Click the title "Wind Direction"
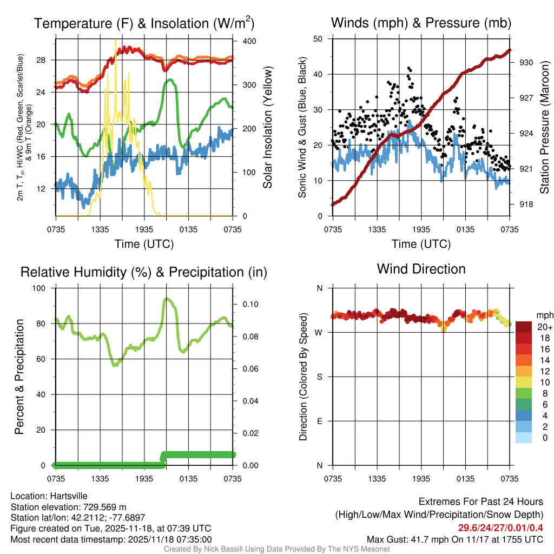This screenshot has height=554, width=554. (421, 269)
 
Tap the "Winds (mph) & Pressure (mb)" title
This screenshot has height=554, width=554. (421, 23)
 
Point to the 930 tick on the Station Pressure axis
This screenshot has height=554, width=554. (526, 62)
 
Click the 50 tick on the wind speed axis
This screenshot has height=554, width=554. (319, 39)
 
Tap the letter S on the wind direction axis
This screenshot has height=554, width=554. (319, 377)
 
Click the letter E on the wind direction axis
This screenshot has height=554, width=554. (319, 421)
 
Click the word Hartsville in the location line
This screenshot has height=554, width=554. (66, 496)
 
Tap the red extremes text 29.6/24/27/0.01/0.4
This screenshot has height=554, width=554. (500, 528)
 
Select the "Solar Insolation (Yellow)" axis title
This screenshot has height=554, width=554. (267, 128)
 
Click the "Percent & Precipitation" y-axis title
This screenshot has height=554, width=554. (19, 377)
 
